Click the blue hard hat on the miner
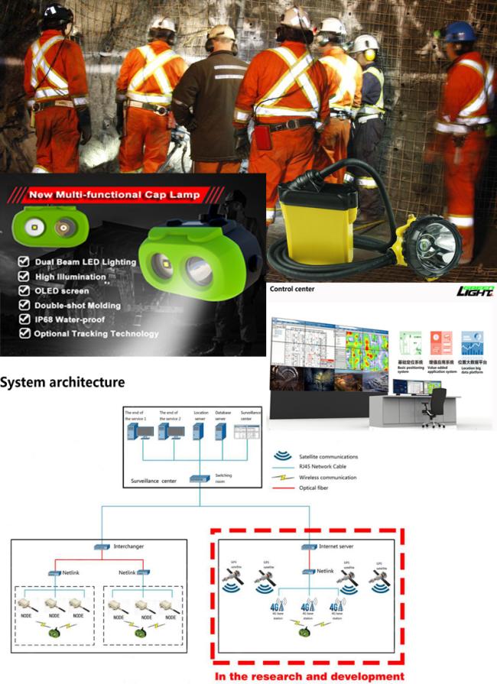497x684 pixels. click(x=460, y=32)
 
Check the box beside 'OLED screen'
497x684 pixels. click(x=24, y=290)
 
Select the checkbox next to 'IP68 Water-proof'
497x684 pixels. click(x=24, y=319)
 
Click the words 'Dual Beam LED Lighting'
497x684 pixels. click(x=86, y=262)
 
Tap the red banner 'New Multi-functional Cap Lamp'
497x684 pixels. click(x=114, y=195)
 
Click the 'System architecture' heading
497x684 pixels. click(x=63, y=381)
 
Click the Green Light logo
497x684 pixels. click(x=474, y=291)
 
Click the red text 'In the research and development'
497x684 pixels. click(x=309, y=676)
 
